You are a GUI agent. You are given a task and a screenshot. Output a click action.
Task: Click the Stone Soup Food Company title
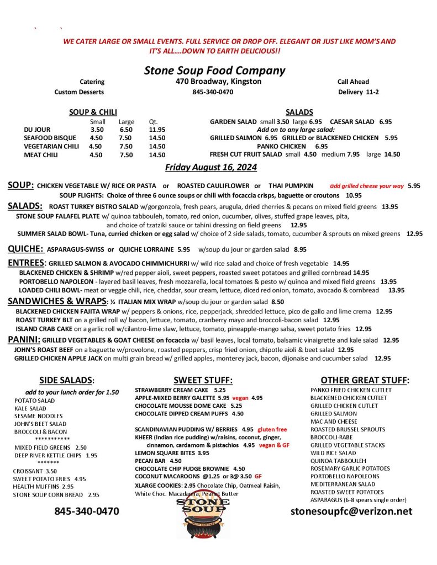point(214,70)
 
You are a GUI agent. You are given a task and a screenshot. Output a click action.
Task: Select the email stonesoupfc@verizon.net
point(351,511)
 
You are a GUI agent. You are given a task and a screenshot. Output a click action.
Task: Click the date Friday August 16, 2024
point(211,167)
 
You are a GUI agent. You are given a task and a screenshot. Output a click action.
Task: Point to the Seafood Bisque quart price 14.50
point(157,138)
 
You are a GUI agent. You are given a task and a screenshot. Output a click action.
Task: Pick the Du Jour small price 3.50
point(97,130)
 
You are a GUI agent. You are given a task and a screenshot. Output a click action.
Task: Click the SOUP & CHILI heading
point(93,112)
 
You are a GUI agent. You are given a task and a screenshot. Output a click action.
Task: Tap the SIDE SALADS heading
point(67,380)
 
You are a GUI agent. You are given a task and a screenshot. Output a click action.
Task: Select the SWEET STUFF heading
point(203,380)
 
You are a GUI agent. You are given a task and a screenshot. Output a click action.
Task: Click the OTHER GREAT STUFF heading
point(365,380)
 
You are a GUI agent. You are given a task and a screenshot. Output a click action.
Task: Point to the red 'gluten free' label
point(272,429)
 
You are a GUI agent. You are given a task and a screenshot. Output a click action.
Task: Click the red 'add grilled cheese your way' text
point(367,186)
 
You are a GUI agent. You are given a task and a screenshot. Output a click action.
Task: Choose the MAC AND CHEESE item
point(334,421)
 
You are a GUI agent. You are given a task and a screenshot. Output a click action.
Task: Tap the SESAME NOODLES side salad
point(39,415)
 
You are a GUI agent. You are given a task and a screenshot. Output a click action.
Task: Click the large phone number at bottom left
point(87,511)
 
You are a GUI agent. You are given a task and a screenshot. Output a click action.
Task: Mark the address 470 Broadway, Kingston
point(215,82)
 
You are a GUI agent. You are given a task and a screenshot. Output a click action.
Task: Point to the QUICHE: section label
point(25,248)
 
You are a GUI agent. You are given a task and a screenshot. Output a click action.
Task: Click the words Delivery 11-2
point(358,92)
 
